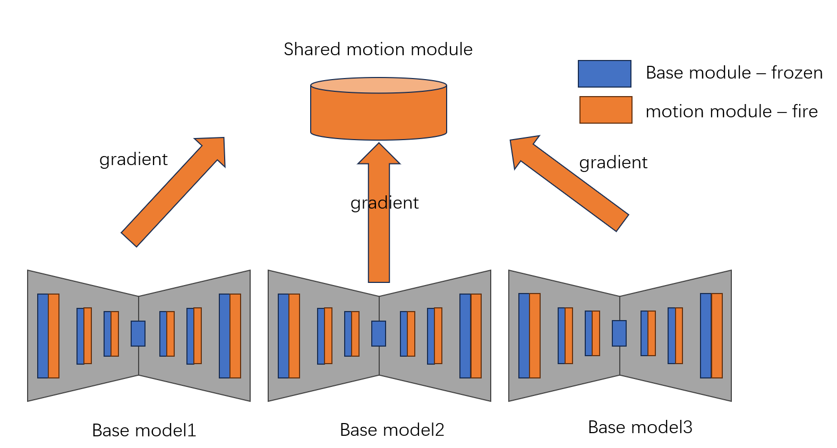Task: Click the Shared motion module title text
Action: (378, 49)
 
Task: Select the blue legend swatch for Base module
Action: (604, 74)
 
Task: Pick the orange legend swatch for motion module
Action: (605, 110)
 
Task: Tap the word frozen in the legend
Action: (797, 73)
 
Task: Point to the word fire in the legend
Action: (805, 111)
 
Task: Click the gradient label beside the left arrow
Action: (133, 159)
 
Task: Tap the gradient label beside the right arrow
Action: (613, 162)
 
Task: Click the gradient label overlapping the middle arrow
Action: (385, 203)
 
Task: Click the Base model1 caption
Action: (144, 430)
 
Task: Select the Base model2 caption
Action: (392, 429)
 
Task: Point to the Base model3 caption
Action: (640, 427)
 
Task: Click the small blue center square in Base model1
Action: (138, 333)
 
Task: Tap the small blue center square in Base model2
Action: (379, 333)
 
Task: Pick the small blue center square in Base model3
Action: (619, 333)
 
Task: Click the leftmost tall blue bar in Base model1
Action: (42, 335)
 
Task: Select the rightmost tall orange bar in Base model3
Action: (717, 335)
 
